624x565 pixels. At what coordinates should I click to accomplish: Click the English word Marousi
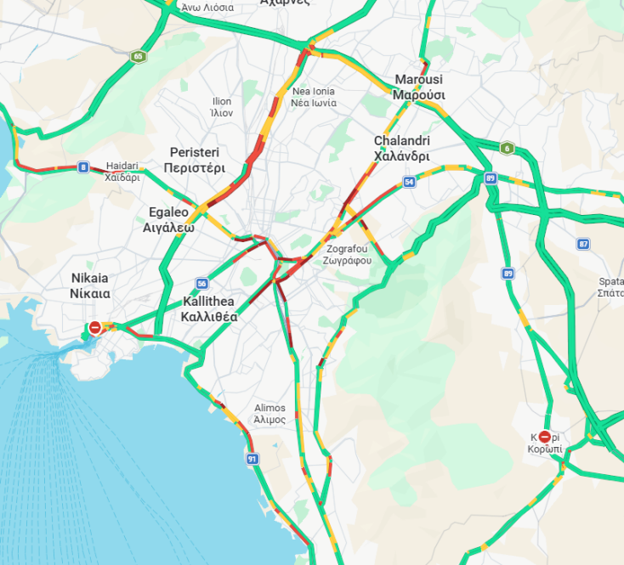coord(418,80)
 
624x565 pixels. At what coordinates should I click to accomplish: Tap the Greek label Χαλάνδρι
coord(401,156)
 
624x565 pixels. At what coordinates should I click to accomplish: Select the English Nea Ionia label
coord(313,91)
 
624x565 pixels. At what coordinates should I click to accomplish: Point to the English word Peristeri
coord(194,152)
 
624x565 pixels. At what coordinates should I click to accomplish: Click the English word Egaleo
coord(168,212)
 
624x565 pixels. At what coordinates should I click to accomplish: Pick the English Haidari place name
coord(122,166)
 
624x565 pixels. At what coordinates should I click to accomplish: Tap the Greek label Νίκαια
coord(90,293)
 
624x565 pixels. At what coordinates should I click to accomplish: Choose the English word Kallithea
coord(209,301)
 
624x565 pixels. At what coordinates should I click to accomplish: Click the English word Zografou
coord(349,248)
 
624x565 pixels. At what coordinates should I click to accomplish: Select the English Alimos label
coord(269,408)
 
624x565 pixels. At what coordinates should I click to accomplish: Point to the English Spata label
coord(612,280)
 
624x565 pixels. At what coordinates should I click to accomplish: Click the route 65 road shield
coord(138,57)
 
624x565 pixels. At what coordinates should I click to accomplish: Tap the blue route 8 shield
coord(82,167)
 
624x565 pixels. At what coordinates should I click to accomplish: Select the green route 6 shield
coord(507,148)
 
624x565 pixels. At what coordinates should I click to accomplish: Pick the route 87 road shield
coord(582,244)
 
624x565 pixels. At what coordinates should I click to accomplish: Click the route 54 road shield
coord(410,182)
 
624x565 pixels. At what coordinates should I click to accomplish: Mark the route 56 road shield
coord(201,284)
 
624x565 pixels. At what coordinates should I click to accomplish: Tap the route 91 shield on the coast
coord(252,459)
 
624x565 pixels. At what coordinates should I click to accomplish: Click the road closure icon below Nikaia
coord(96,327)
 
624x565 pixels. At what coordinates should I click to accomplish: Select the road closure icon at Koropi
coord(544,435)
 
